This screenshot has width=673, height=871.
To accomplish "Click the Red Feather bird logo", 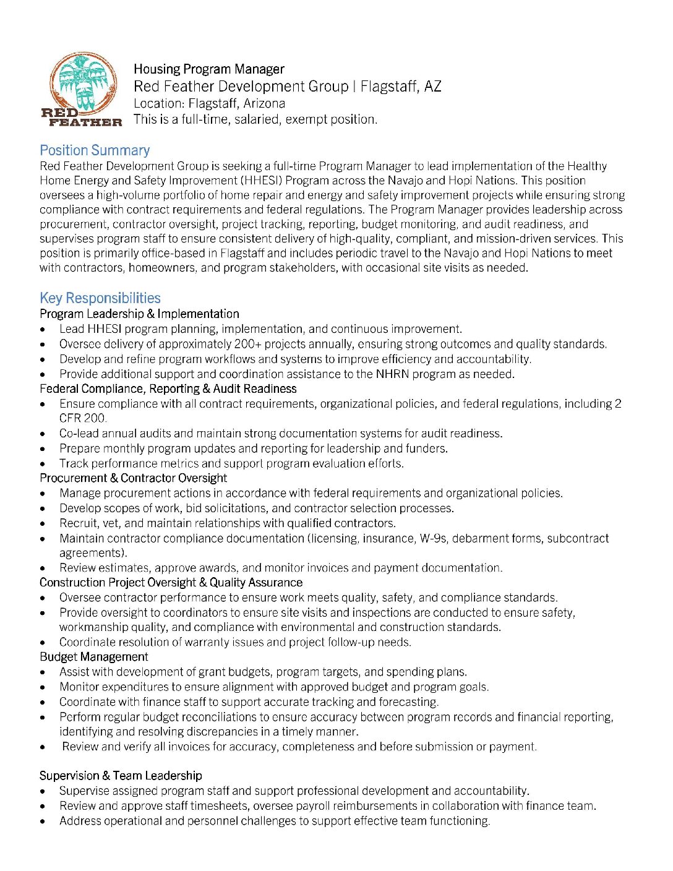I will click(x=82, y=88).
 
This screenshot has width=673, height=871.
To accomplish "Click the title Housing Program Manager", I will click(x=208, y=69).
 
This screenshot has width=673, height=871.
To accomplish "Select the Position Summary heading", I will click(x=95, y=150).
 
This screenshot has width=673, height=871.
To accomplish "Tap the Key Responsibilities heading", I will click(x=100, y=298).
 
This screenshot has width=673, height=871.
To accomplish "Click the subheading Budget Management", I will click(x=94, y=657).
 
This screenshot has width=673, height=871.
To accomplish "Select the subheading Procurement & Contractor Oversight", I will click(x=133, y=478).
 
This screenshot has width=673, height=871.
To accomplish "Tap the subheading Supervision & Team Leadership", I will click(x=121, y=776).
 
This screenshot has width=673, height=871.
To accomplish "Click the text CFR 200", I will click(x=83, y=418).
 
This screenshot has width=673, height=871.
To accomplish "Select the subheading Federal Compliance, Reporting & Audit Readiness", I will click(x=168, y=389).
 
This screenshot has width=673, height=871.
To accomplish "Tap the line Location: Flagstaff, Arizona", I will click(x=209, y=103).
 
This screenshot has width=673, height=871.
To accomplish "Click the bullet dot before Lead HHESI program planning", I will click(x=43, y=330).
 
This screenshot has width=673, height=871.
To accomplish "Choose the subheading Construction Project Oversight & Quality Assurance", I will click(x=171, y=583).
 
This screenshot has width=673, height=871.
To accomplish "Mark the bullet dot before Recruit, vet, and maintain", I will click(x=43, y=524).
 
